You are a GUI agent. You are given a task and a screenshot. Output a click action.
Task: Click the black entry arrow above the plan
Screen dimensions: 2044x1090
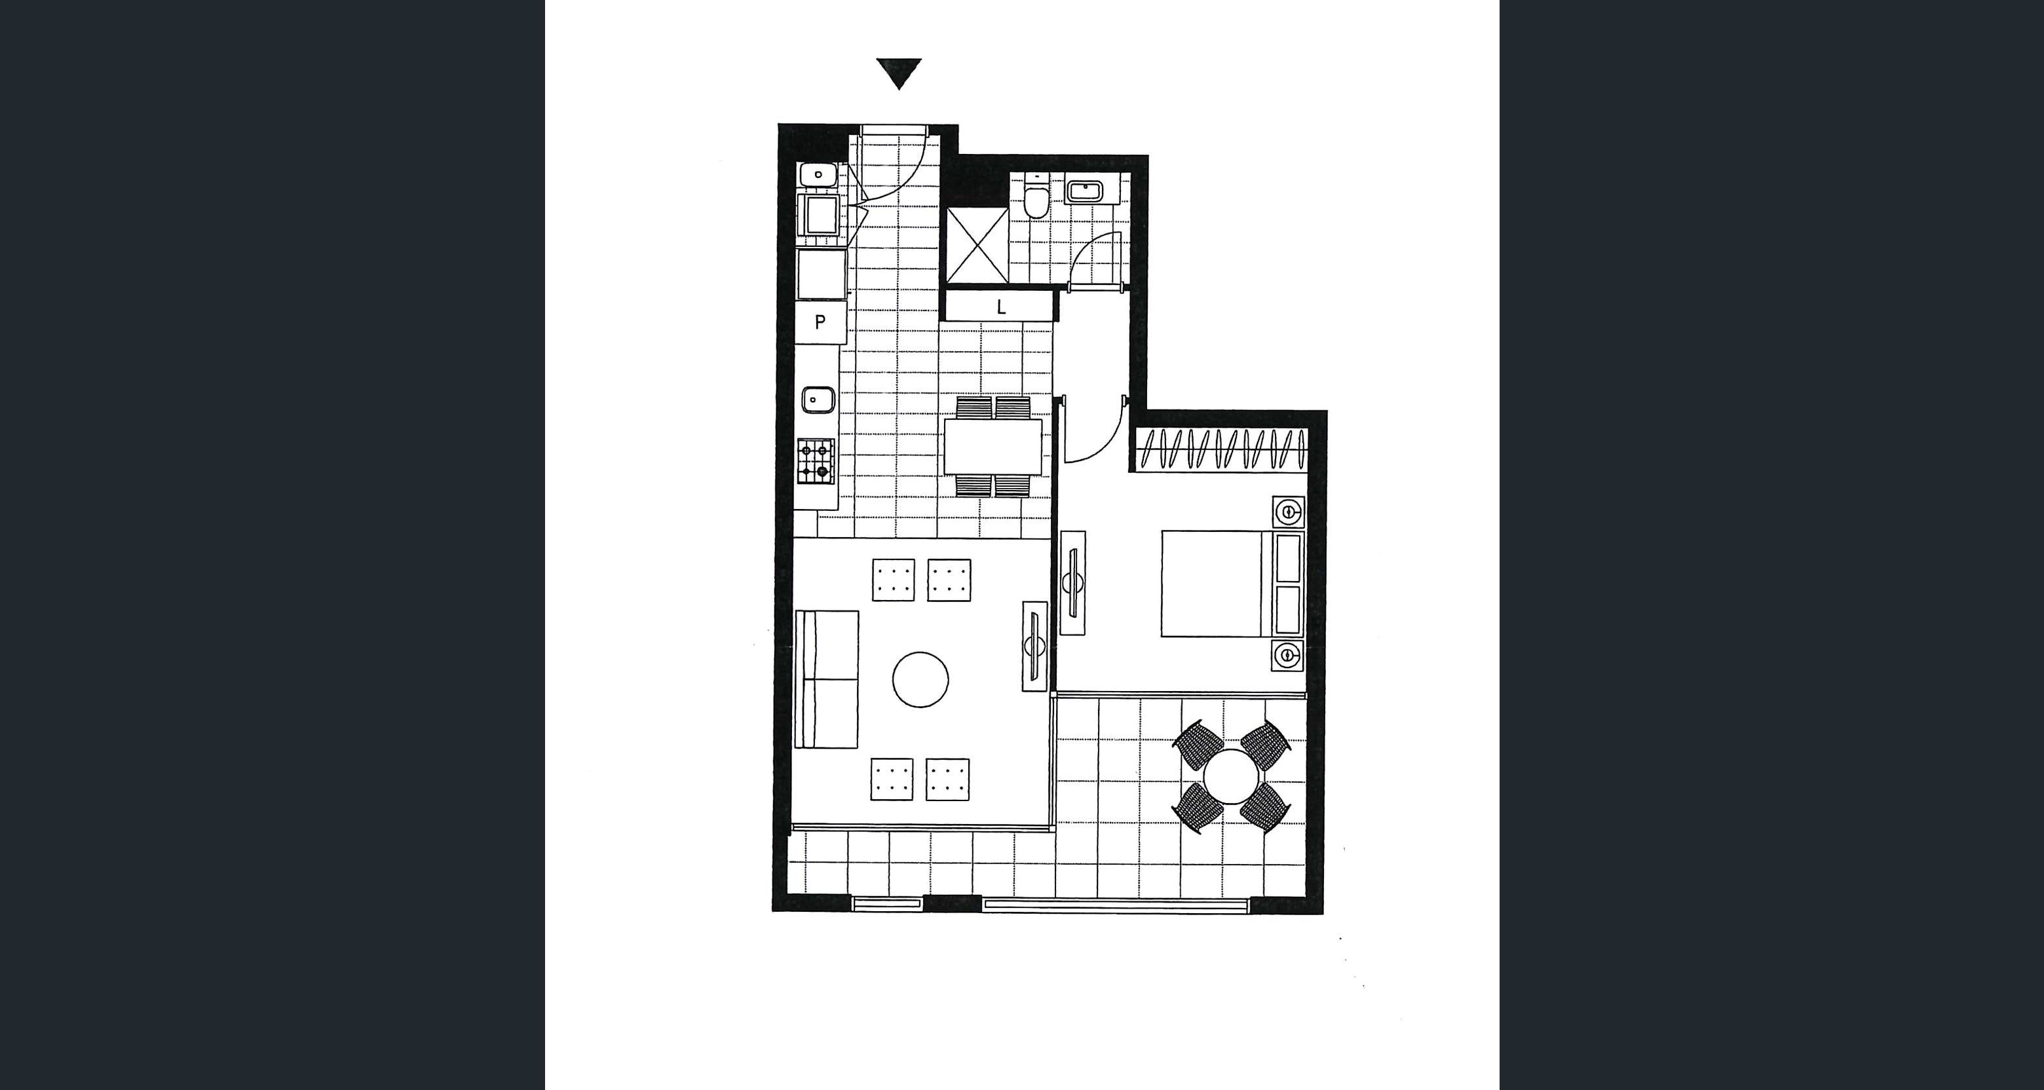click(x=898, y=73)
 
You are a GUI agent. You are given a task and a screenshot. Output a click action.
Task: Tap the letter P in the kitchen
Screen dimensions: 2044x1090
click(x=820, y=322)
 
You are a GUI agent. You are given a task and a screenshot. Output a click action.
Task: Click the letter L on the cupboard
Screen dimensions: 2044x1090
click(x=1002, y=307)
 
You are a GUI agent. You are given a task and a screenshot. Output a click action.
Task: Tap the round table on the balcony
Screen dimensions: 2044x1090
click(x=1231, y=777)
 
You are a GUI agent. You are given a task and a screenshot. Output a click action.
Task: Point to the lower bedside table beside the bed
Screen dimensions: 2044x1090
click(x=1288, y=654)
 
